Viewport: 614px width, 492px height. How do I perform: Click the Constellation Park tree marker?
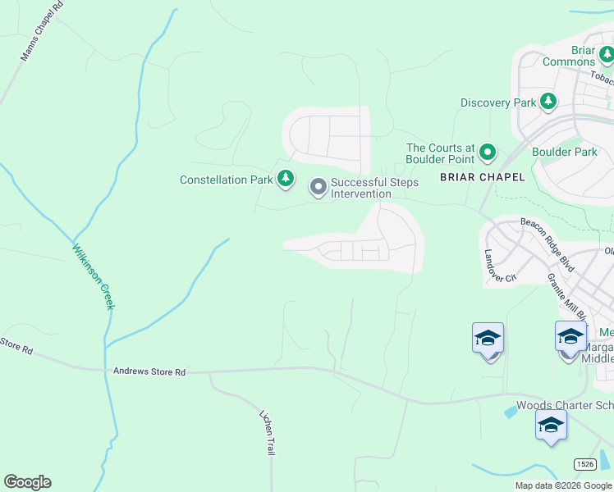pyautogui.click(x=286, y=179)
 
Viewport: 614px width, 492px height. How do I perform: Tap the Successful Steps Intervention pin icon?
pyautogui.click(x=318, y=188)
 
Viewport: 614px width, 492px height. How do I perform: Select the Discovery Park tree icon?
pyautogui.click(x=548, y=102)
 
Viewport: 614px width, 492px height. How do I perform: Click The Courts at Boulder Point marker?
pyautogui.click(x=488, y=152)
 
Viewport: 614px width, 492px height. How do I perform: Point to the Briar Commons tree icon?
pyautogui.click(x=607, y=55)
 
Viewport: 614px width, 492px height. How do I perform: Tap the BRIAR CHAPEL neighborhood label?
pyautogui.click(x=482, y=178)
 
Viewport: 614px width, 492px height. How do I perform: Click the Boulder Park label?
pyautogui.click(x=564, y=152)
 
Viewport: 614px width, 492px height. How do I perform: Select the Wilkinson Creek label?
pyautogui.click(x=92, y=276)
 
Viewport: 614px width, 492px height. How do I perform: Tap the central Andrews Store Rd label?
pyautogui.click(x=149, y=372)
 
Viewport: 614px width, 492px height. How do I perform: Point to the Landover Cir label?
pyautogui.click(x=499, y=266)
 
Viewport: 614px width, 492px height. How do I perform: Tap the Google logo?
pyautogui.click(x=27, y=482)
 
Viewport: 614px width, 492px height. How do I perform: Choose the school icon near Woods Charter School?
pyautogui.click(x=551, y=425)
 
